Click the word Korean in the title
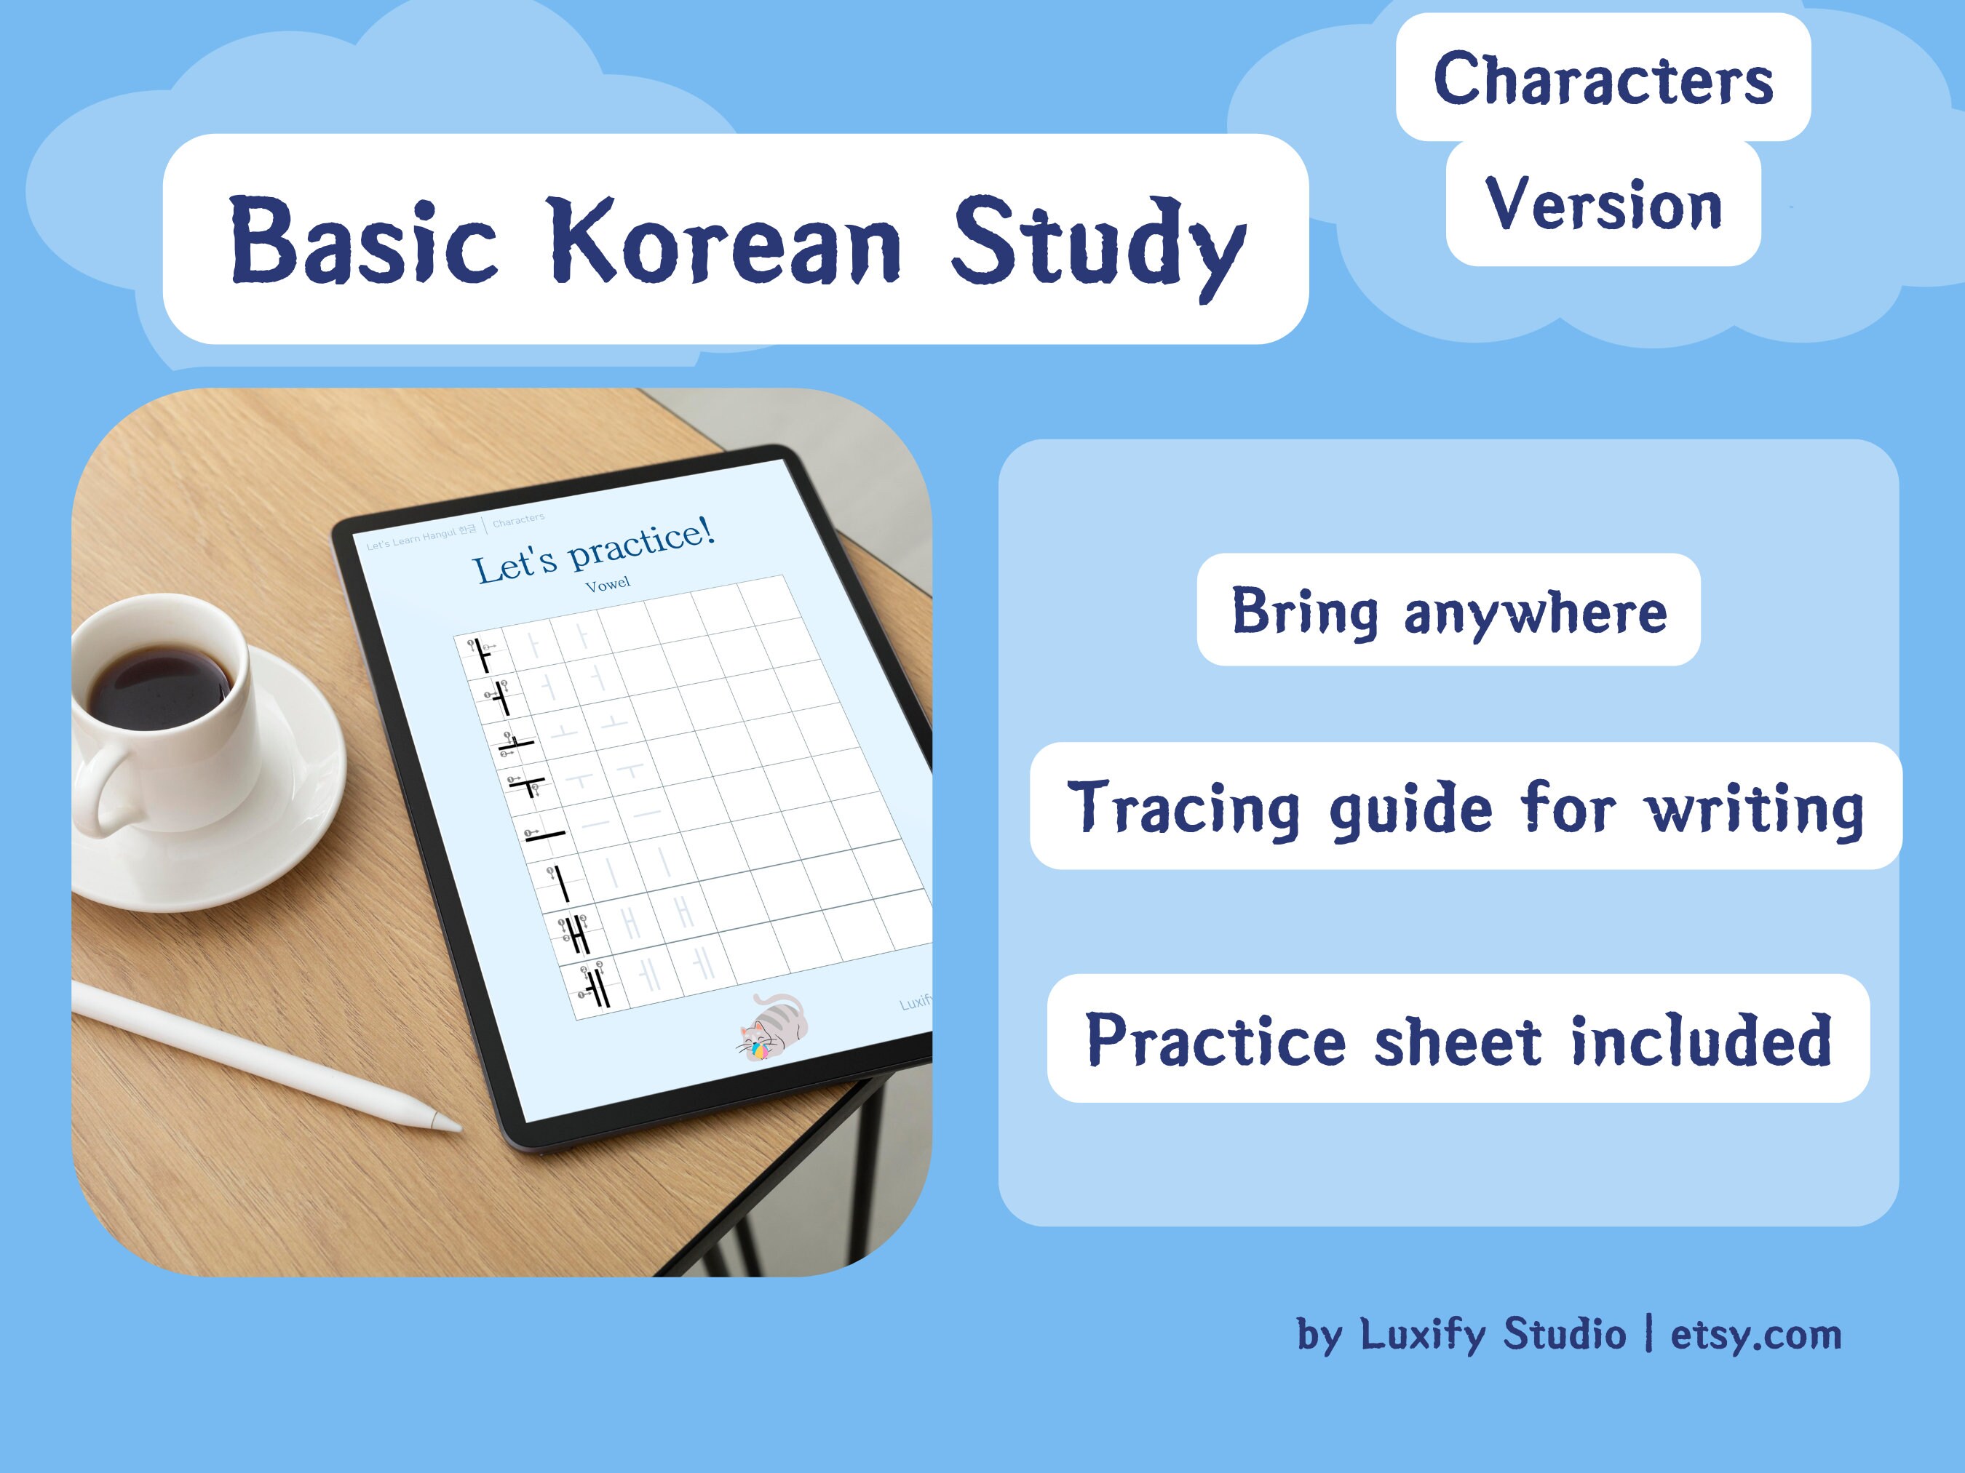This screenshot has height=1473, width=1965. tap(725, 241)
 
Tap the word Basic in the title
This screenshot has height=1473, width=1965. tap(362, 241)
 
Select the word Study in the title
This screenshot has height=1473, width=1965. tap(1098, 244)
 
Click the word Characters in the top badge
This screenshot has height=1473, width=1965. tap(1603, 79)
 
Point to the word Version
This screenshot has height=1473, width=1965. tap(1603, 204)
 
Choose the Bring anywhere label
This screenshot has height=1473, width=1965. tap(1449, 611)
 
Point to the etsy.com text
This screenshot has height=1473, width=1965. tap(1756, 1335)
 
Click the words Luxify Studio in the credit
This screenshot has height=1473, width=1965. tap(1493, 1335)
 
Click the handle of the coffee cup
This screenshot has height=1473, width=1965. tap(105, 790)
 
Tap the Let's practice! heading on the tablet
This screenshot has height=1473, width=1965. tap(593, 552)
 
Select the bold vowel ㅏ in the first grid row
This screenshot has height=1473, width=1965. tap(483, 655)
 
